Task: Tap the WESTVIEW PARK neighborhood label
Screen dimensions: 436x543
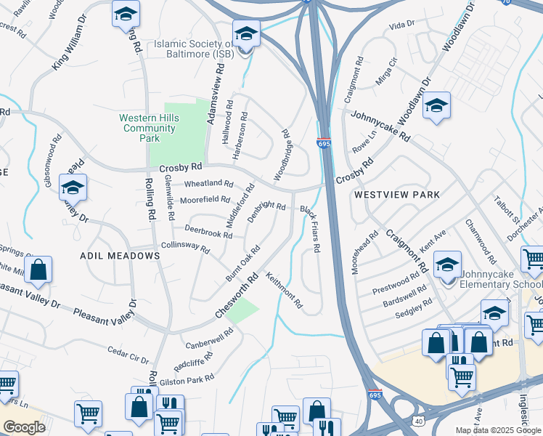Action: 396,195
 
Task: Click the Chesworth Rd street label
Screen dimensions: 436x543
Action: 237,297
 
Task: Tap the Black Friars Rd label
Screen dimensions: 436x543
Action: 311,228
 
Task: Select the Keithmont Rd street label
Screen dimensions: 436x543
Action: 284,291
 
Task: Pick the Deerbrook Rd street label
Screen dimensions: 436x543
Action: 208,231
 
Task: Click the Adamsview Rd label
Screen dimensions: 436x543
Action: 213,92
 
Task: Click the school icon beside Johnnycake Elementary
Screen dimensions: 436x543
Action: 447,264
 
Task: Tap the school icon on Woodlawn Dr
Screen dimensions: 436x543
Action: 436,105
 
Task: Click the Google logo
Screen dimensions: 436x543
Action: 24,427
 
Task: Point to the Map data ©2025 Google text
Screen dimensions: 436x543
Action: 498,430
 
